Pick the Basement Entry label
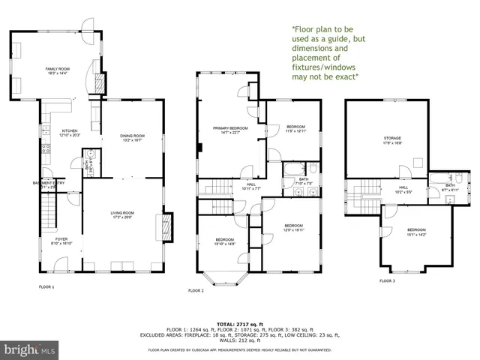tap(48, 184)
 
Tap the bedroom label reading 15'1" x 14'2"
tap(416, 231)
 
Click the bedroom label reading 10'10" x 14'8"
tap(226, 241)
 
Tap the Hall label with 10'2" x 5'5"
tap(403, 189)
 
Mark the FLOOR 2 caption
tap(196, 289)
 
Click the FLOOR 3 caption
tap(386, 280)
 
